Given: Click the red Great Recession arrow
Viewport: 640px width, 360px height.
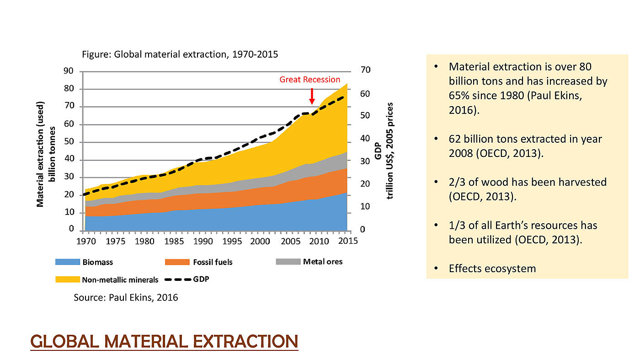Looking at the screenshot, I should (312, 96).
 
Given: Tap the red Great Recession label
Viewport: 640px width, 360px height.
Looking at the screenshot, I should (310, 80).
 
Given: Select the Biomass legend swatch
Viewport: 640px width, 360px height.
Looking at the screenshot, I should (68, 262).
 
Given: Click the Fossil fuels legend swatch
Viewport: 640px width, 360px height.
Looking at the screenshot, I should (177, 262).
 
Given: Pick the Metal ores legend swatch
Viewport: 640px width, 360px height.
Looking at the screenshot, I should (288, 262).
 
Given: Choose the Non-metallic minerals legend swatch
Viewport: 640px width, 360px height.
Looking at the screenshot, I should (68, 279).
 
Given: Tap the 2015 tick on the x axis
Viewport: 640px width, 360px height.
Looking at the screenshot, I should (347, 241).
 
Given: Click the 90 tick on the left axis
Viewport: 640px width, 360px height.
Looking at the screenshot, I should (68, 71).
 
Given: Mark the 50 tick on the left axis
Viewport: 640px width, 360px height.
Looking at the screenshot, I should (68, 142).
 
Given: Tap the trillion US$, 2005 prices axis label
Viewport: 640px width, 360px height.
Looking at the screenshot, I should (390, 150).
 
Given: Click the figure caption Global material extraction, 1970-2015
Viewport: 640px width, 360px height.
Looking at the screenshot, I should (180, 54).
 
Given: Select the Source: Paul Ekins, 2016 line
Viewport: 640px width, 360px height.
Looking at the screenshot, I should (126, 298).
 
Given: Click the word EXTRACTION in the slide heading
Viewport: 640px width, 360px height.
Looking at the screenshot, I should (245, 341).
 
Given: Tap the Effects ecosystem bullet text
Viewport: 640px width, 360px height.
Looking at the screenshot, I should (492, 269).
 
